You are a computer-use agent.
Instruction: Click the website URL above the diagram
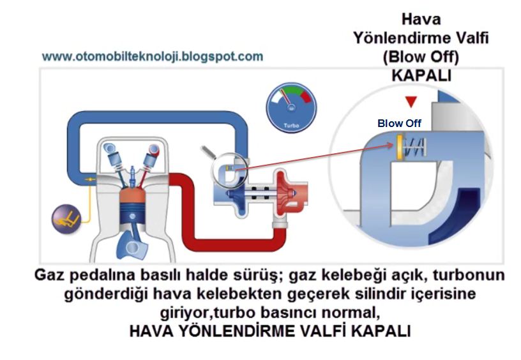(152, 56)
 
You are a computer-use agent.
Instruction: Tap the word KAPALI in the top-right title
(421, 75)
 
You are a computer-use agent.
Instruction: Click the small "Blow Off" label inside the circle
(399, 123)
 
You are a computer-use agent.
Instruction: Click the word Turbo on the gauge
(290, 125)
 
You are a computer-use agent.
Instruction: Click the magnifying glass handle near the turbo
(208, 153)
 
